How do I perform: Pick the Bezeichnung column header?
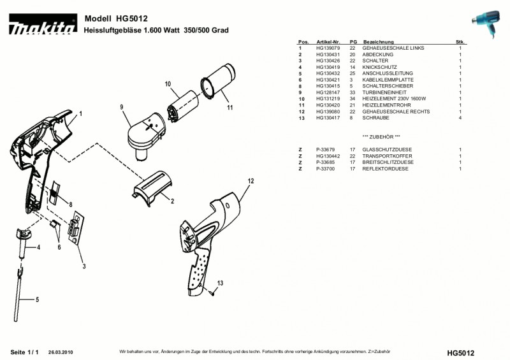(378, 41)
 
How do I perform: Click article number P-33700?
(325, 169)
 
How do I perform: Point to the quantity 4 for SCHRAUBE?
(460, 118)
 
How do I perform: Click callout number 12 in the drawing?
(251, 181)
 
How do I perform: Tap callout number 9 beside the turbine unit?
(120, 108)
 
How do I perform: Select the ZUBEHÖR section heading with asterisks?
(381, 137)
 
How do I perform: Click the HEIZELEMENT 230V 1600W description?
(393, 99)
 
